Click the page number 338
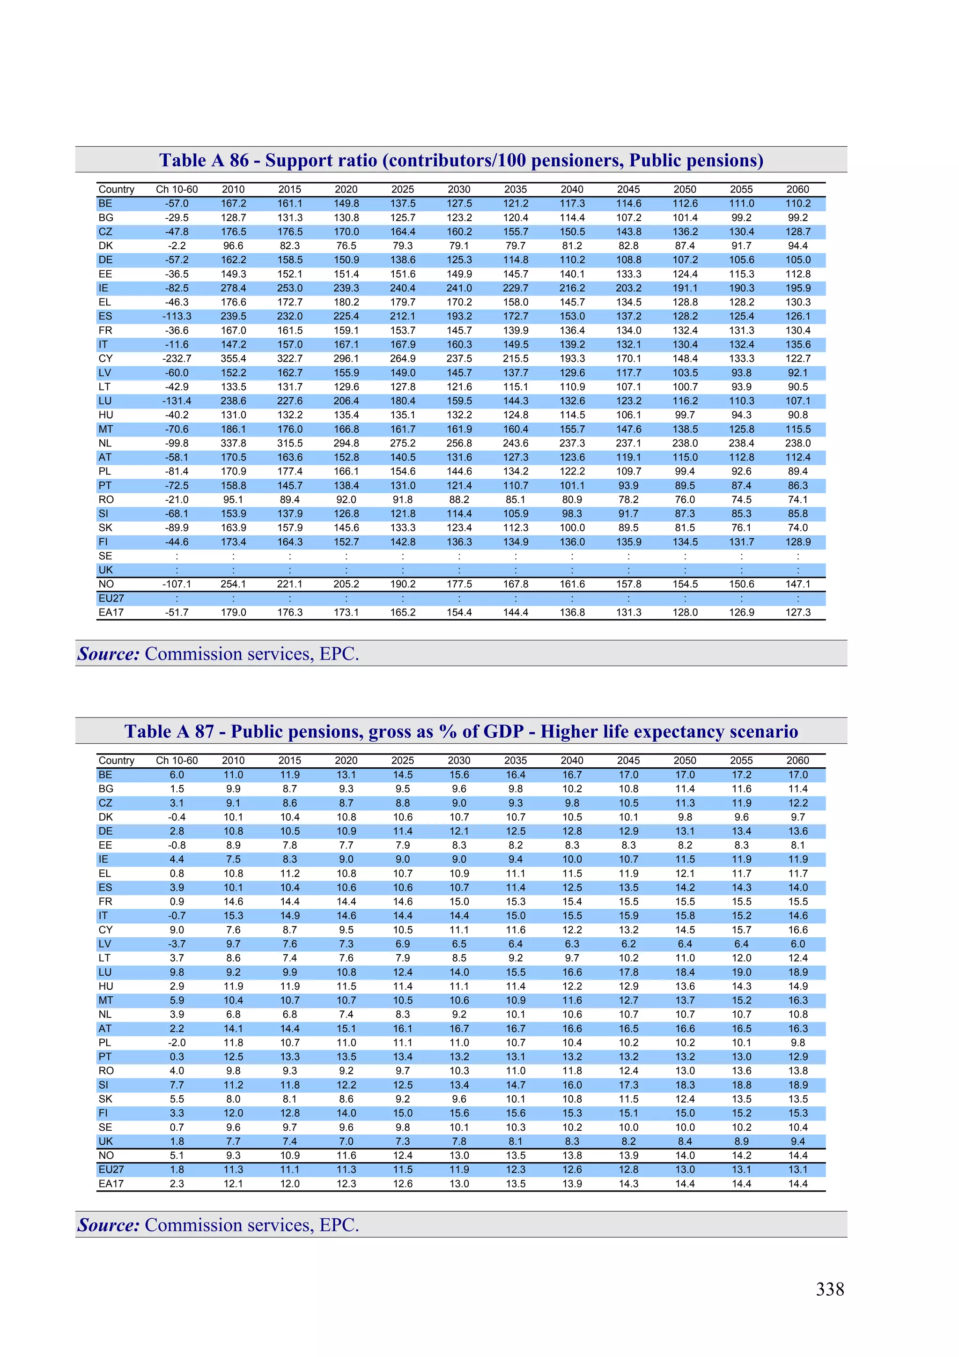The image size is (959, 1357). pos(830,1290)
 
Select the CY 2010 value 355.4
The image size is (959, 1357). pos(233,359)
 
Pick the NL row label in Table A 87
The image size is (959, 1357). pos(105,1015)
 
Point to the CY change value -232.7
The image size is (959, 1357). pos(177,359)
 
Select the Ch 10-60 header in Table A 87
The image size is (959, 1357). pos(177,761)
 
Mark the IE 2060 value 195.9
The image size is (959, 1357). pos(798,289)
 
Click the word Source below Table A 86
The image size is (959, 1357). pos(109,654)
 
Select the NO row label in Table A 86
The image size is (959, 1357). pos(106,584)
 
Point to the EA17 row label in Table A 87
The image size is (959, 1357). pos(111,1184)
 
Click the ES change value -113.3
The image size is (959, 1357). pos(177,316)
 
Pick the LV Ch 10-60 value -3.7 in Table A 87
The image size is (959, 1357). pos(177,944)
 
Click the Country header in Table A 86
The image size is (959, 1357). pos(117,189)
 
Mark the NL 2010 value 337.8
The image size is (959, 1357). pos(233,443)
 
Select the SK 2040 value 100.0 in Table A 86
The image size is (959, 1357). pos(572,528)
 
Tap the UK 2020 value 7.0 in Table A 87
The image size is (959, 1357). pos(346,1141)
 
